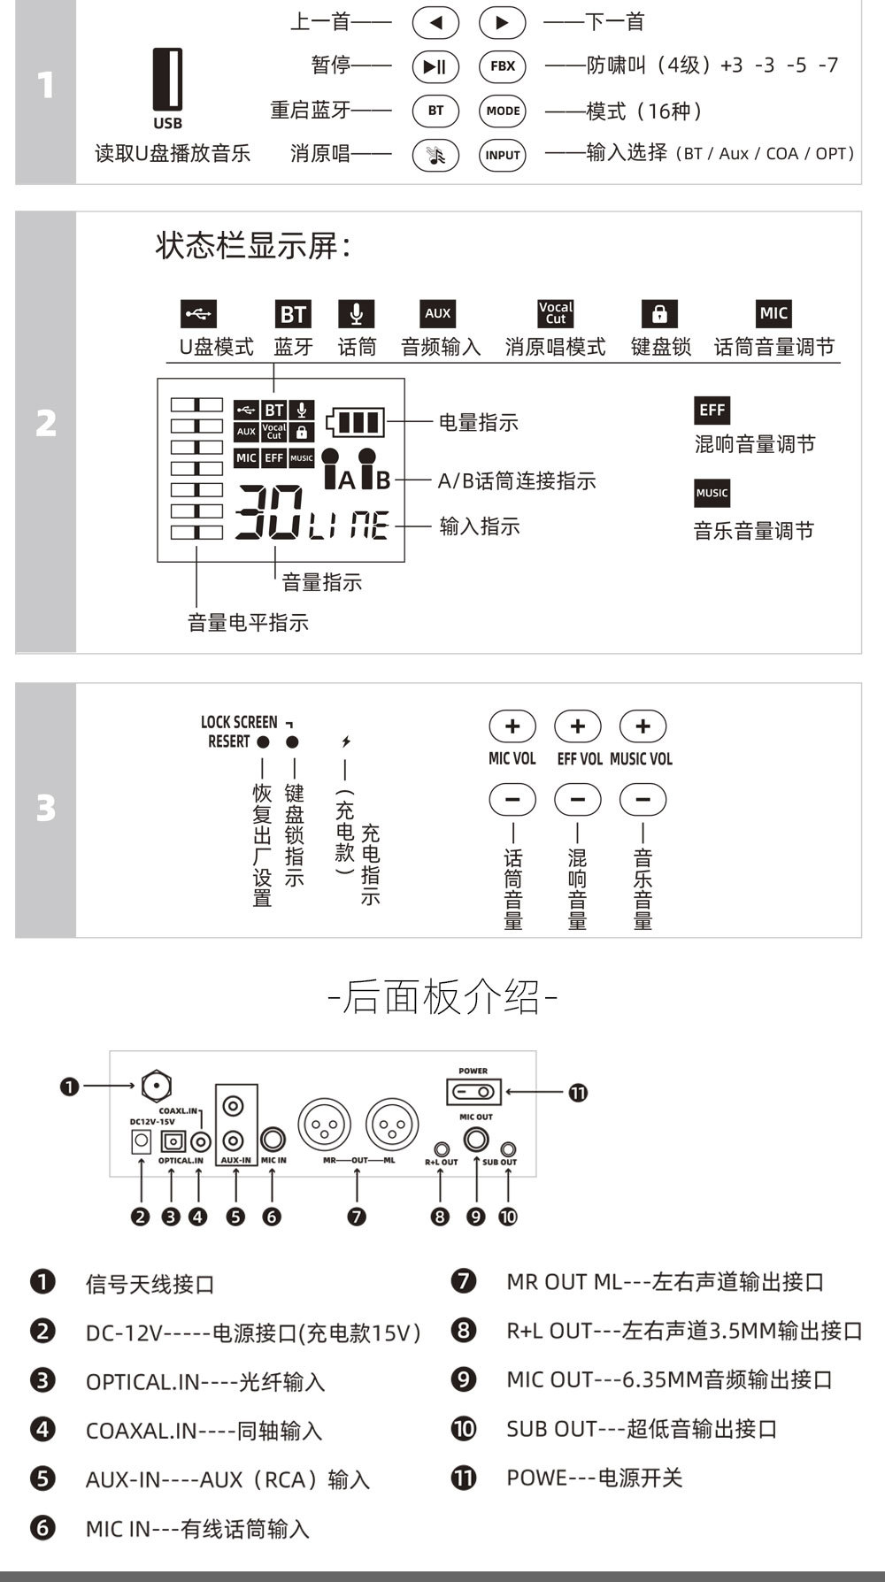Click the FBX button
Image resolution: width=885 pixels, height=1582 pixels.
coord(503,65)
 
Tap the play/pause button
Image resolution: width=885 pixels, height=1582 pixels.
coord(435,65)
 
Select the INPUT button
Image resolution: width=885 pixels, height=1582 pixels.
coord(503,155)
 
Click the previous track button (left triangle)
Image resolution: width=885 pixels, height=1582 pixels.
coord(435,23)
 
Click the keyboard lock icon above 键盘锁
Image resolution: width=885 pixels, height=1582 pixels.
coord(659,313)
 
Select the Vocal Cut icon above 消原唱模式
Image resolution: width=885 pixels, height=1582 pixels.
coord(556,312)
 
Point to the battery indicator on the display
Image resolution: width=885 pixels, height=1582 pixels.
coord(356,422)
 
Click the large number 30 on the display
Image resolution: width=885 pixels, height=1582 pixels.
coord(268,512)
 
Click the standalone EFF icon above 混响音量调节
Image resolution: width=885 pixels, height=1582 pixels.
coord(712,410)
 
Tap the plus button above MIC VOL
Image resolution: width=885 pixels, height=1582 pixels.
coord(512,726)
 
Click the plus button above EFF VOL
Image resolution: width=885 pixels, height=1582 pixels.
coord(577,726)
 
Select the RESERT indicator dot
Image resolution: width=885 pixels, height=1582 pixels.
coord(263,741)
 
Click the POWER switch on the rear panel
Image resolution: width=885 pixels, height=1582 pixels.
coord(473,1092)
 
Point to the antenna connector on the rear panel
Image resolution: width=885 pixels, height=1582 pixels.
coord(156,1086)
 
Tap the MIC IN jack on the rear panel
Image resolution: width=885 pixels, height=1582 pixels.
coord(273,1140)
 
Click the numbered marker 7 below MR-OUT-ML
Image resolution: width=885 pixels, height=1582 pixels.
coord(357,1217)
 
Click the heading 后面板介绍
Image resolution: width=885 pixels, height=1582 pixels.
coord(442,997)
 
